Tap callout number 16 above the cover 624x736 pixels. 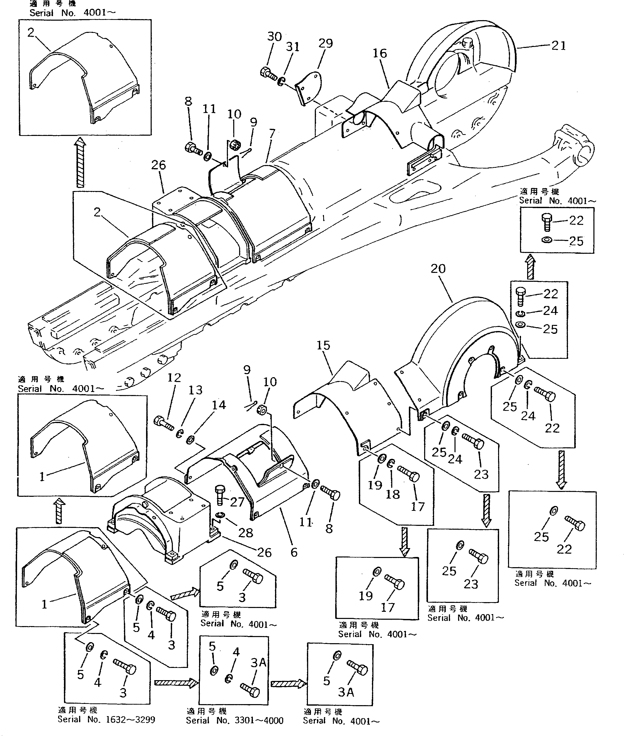point(380,54)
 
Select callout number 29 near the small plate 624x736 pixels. point(326,43)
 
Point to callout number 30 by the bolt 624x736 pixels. point(275,36)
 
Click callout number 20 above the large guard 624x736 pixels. point(438,269)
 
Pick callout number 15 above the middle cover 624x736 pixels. point(323,345)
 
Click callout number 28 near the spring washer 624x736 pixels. point(245,532)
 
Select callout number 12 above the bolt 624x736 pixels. point(174,378)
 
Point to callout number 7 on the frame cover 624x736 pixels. point(272,134)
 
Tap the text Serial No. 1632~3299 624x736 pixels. point(106,719)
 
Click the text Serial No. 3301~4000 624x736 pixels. point(235,720)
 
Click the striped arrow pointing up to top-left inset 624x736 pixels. point(81,163)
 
